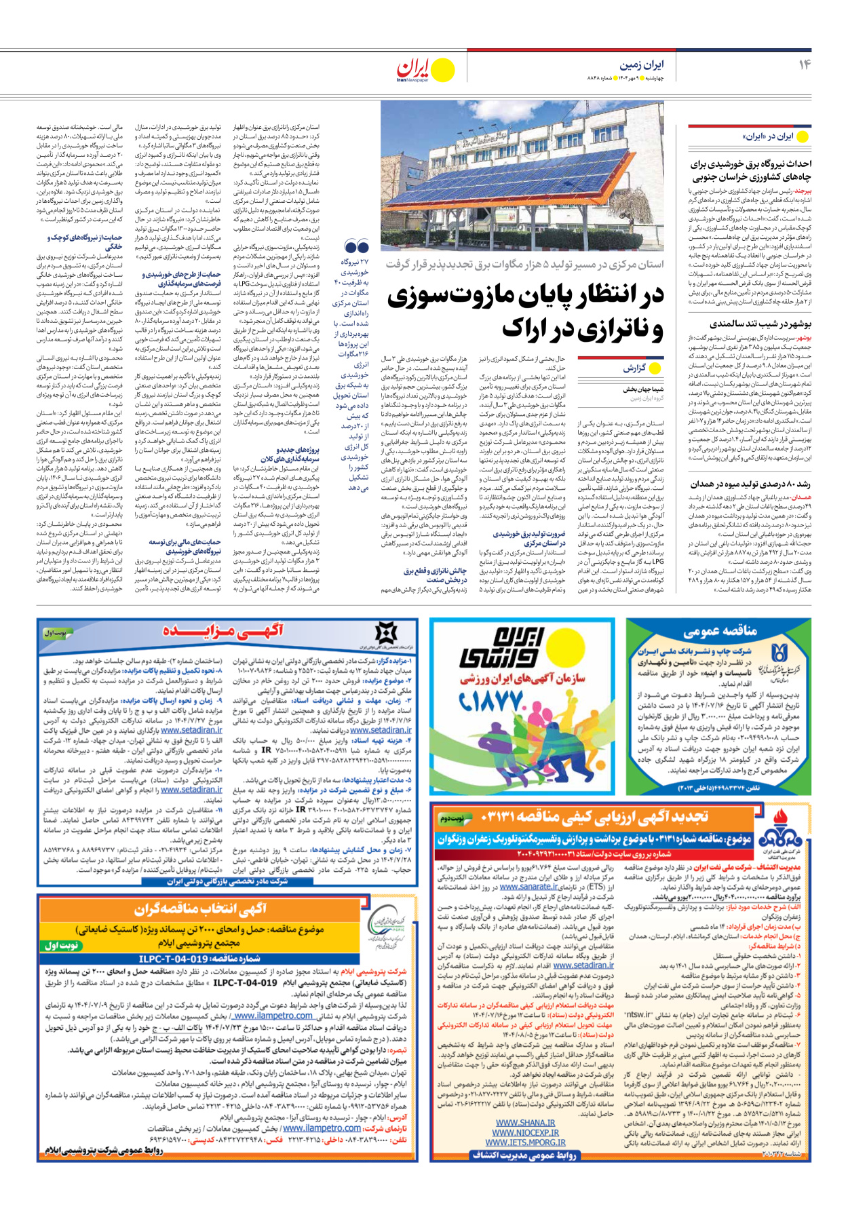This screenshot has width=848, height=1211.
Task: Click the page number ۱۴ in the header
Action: coord(804,64)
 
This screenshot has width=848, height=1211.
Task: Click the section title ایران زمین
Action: coord(641,65)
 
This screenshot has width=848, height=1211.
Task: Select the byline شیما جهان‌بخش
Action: coord(643,389)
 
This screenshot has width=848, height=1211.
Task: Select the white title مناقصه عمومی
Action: coord(720,632)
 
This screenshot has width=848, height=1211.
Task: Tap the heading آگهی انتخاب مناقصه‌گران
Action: coord(200,908)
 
